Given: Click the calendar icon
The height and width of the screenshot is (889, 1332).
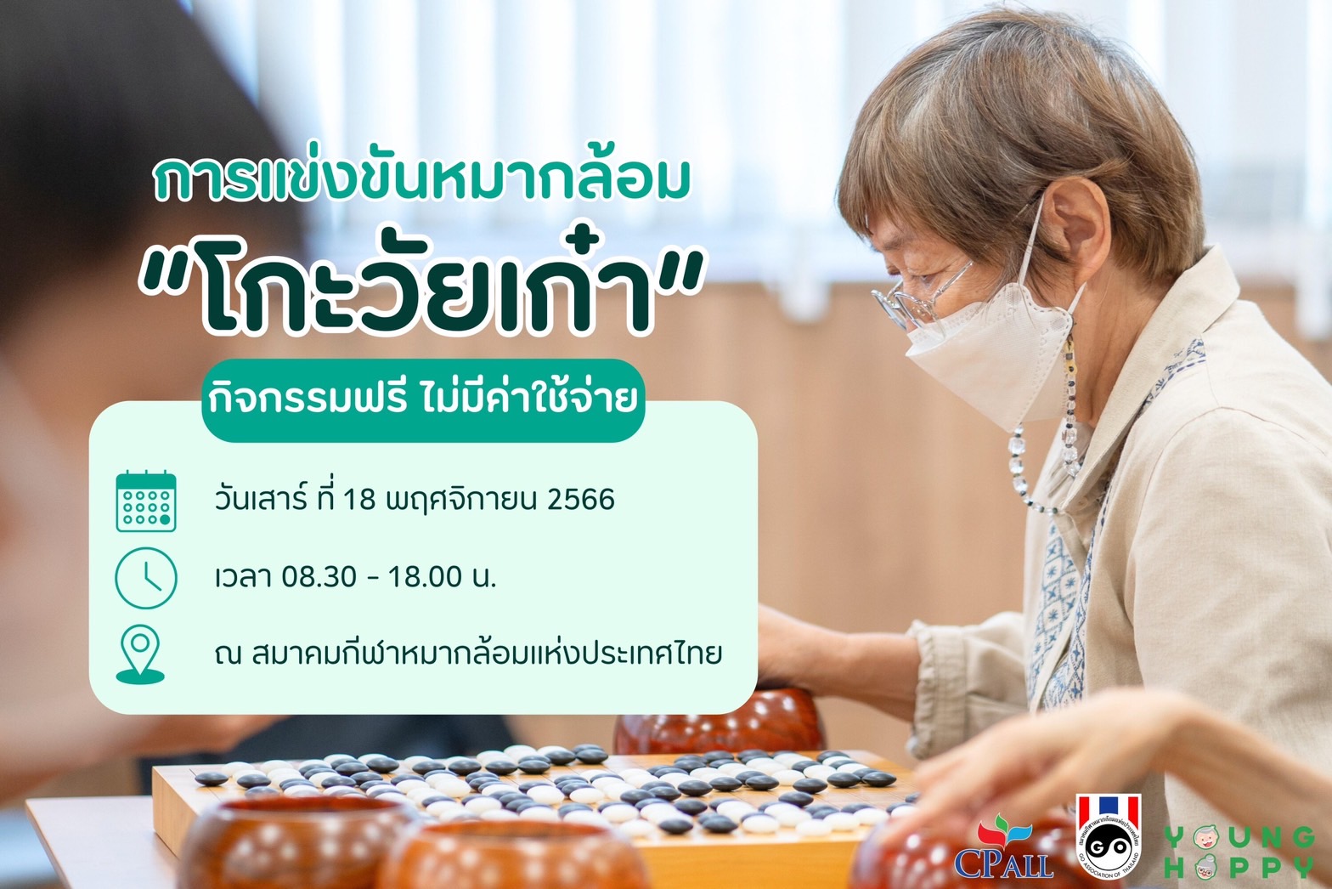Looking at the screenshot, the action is (146, 501).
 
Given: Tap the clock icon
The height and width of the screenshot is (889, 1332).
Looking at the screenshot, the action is (146, 578).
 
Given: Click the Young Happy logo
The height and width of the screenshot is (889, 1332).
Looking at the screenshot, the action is (1239, 852).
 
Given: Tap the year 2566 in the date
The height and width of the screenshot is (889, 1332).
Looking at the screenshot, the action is (580, 499).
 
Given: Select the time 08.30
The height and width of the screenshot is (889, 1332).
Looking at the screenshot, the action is (319, 576).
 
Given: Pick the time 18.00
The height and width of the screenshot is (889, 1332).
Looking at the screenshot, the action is (425, 576).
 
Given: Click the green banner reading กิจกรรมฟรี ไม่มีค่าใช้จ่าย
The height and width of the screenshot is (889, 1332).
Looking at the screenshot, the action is (423, 400).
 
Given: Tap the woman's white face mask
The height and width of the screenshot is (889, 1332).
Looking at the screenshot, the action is (993, 356).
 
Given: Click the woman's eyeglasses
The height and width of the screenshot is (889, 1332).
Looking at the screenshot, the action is (919, 296).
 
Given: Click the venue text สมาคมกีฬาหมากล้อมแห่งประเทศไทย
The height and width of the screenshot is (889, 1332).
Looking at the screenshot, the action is (487, 654).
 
